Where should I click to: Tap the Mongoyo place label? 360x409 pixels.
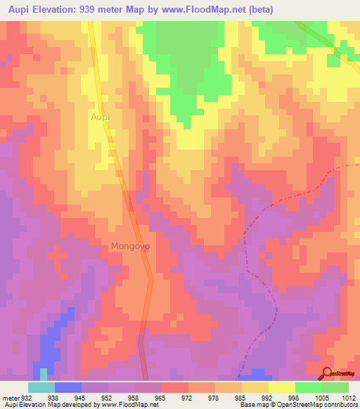tap(130, 247)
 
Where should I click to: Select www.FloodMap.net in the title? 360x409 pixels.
tap(209, 10)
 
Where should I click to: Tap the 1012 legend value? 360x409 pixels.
tap(347, 397)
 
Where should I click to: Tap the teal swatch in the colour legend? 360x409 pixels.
tap(41, 387)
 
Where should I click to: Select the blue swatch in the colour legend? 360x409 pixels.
tap(67, 387)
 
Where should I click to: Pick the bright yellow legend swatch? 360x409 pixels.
tap(281, 387)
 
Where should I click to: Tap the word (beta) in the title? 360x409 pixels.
tap(257, 10)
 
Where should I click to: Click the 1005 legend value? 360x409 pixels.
tap(321, 397)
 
